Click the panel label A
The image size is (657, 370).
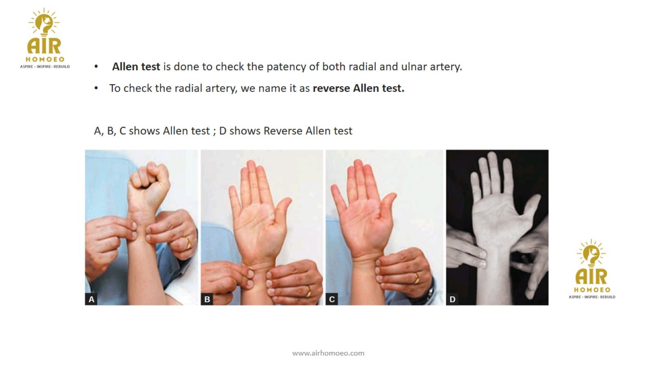[91, 299]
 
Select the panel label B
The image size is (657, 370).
[207, 299]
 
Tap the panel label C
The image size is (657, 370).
[332, 299]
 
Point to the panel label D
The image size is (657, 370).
[452, 299]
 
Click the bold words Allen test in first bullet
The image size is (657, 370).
[136, 67]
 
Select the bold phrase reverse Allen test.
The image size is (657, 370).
[358, 88]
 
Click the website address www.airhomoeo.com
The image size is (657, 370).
[328, 353]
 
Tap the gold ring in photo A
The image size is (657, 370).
[188, 243]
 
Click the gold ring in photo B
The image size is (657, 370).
[308, 291]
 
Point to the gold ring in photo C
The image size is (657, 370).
[417, 278]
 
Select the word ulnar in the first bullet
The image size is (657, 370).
[414, 67]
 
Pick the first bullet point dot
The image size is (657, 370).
[96, 67]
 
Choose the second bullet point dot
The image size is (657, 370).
[96, 88]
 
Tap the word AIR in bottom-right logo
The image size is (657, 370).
[591, 277]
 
